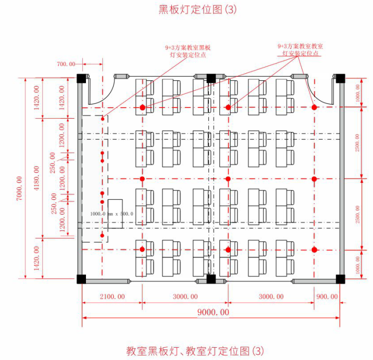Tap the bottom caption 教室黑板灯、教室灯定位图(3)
tap(196, 351)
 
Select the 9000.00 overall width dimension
tap(210, 312)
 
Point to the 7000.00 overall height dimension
tap(19, 188)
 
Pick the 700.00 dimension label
tap(65, 64)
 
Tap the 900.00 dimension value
tap(327, 297)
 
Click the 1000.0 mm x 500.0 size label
tap(112, 214)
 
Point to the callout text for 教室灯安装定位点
tap(300, 49)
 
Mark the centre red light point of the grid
tap(228, 179)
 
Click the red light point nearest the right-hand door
tap(314, 108)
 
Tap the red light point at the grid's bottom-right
tap(314, 249)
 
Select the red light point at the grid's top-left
tap(143, 108)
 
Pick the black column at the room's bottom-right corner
tap(340, 279)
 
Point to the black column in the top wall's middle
tap(210, 78)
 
